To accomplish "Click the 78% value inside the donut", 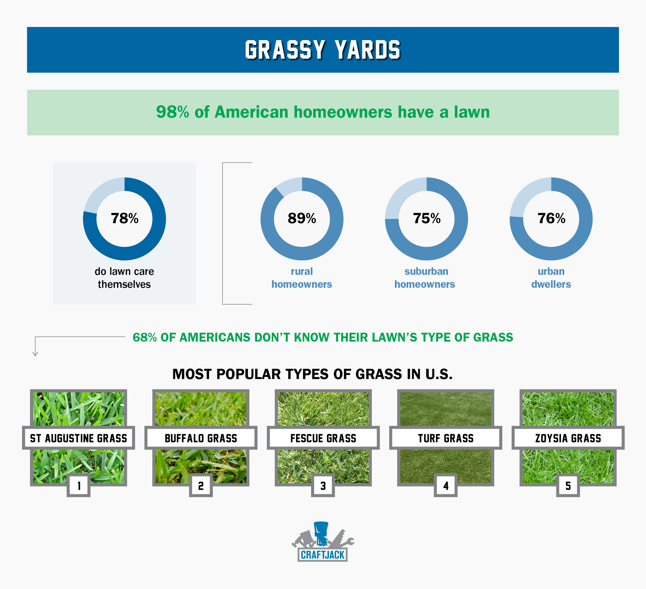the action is [125, 218].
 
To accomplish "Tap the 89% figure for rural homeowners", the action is [302, 218].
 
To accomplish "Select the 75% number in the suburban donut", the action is [426, 218].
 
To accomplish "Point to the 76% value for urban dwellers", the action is [551, 218].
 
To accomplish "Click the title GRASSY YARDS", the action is [323, 50].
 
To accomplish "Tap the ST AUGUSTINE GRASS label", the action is [79, 438].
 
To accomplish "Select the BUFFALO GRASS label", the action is [201, 438].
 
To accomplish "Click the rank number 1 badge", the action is [79, 485].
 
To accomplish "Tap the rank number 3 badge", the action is [323, 485].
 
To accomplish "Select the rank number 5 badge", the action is [568, 485].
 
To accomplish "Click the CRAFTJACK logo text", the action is [322, 555].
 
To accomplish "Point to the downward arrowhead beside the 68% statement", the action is [35, 354].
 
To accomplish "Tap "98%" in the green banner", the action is [172, 112].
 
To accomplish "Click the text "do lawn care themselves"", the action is [124, 278].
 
